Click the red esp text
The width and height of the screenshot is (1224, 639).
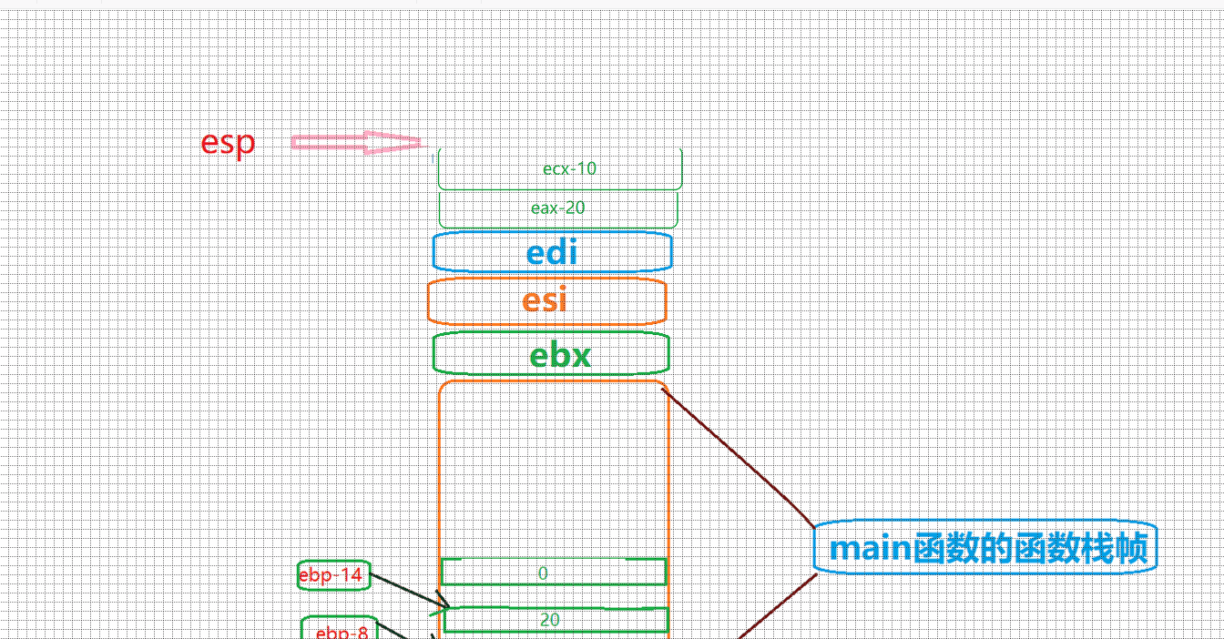point(228,143)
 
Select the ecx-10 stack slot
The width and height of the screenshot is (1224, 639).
point(560,169)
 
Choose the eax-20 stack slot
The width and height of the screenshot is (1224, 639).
point(558,208)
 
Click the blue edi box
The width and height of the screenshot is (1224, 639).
point(552,252)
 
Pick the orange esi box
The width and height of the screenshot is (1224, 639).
point(546,300)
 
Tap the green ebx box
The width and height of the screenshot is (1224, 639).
point(551,354)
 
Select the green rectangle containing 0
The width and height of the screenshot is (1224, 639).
point(554,573)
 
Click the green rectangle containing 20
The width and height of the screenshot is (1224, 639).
point(556,620)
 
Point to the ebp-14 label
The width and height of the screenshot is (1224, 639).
point(333,575)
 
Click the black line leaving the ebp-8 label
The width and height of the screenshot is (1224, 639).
point(401,634)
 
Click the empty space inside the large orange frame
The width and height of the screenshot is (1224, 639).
point(554,469)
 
